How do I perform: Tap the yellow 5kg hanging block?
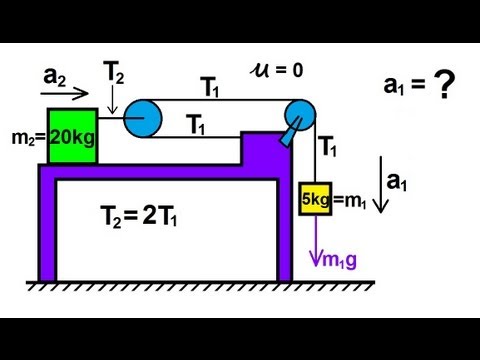[314, 198]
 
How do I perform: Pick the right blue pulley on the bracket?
[298, 115]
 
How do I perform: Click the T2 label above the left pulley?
[115, 70]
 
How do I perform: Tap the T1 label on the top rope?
[210, 88]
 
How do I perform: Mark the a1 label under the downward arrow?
[398, 181]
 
